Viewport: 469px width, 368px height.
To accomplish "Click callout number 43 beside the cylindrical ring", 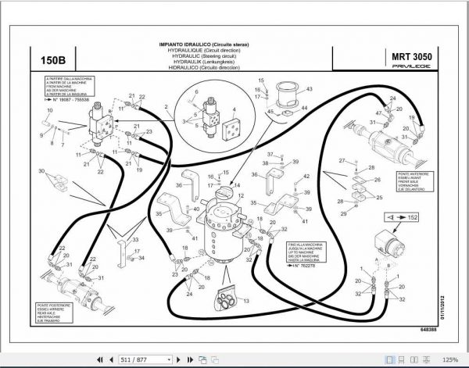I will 309,90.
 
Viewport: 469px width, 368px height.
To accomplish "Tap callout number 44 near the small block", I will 305,108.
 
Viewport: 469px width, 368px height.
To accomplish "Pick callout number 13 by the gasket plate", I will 246,301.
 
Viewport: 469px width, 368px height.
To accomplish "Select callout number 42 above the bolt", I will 306,176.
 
